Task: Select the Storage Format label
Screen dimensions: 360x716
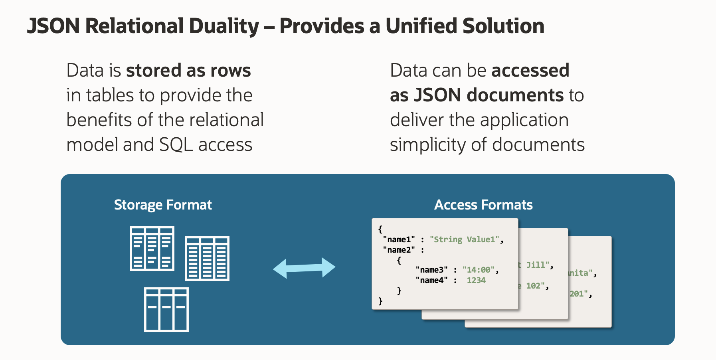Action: tap(163, 205)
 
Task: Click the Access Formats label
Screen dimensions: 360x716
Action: tap(483, 205)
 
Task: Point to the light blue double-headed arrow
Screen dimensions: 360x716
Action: tap(304, 268)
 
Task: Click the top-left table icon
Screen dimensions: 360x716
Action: tap(152, 249)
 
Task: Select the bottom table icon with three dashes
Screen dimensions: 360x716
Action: tap(166, 309)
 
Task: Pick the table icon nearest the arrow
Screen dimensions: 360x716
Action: tap(207, 259)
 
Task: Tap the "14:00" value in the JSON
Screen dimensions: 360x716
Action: tap(479, 270)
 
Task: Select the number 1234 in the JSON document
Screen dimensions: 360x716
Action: tap(476, 280)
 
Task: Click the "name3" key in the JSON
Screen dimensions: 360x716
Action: tap(431, 270)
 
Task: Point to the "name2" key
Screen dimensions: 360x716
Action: tap(399, 250)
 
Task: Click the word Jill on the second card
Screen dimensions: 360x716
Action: tap(536, 265)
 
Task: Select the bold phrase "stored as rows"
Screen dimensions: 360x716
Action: tap(188, 71)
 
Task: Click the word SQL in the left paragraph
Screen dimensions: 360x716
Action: tap(176, 144)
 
